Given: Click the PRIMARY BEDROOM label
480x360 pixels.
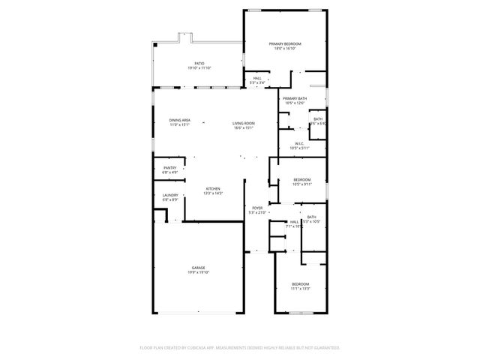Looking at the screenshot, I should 284,44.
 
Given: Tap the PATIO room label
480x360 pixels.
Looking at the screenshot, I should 199,64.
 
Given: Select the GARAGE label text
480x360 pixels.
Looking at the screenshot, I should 198,268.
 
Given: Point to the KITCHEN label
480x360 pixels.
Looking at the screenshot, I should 213,188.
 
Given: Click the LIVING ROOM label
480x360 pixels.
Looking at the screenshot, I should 243,123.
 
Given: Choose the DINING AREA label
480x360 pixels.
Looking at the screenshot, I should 179,120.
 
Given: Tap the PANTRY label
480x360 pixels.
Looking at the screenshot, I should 170,167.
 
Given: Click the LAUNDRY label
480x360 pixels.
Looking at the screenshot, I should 170,195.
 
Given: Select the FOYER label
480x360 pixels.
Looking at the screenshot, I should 257,208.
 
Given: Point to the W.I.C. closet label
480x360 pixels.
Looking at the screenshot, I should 298,143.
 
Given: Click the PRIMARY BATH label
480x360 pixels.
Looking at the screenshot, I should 294,99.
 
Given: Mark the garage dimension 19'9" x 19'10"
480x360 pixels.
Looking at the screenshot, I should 198,273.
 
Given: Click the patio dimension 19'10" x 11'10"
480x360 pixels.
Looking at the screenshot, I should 199,69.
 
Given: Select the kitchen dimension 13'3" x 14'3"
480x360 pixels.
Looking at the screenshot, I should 213,193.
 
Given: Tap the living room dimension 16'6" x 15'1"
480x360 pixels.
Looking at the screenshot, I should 243,128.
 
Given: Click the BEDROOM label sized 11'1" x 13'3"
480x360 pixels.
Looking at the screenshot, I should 300,283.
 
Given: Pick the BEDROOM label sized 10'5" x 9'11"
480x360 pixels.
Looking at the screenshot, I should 301,179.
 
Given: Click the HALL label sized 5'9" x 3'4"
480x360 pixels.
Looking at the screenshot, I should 257,77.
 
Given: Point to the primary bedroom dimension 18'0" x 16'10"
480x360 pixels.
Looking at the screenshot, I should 284,49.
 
